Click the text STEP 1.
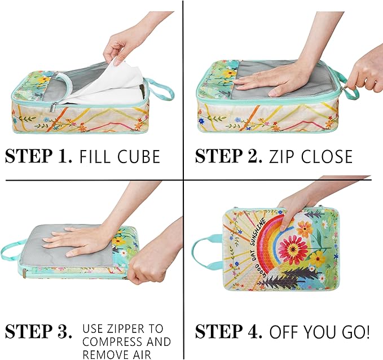(38, 156)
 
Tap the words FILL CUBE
(120, 156)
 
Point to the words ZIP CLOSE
(310, 156)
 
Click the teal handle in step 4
(206, 253)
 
